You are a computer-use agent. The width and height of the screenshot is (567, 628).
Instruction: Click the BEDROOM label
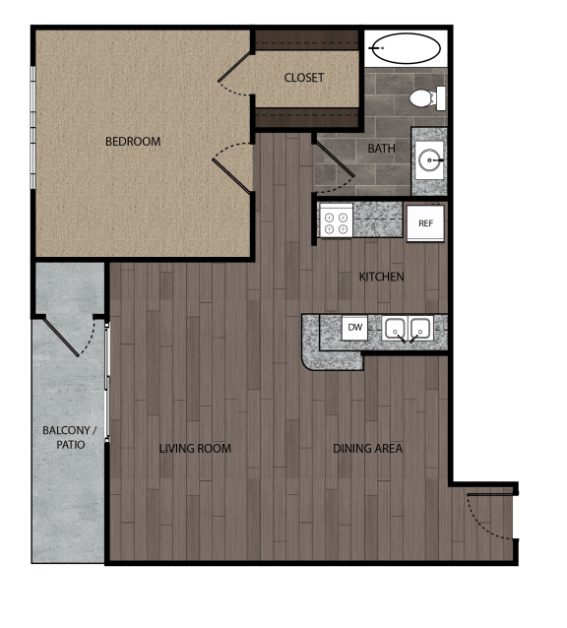click(x=133, y=142)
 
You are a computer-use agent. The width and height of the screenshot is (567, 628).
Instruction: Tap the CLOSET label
click(x=304, y=78)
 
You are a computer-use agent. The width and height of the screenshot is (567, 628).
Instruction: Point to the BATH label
click(x=381, y=149)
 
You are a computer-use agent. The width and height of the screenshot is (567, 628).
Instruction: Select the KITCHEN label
click(x=381, y=277)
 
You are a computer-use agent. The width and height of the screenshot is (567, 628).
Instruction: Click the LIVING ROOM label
click(x=195, y=449)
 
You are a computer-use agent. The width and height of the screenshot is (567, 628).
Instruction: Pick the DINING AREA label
click(x=367, y=449)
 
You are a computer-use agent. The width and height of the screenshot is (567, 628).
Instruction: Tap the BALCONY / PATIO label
click(x=70, y=438)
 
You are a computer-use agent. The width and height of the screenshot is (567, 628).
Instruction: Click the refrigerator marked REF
click(x=425, y=223)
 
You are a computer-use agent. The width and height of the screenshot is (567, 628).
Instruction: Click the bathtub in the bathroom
click(x=406, y=49)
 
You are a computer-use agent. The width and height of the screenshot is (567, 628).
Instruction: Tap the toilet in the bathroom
click(x=425, y=98)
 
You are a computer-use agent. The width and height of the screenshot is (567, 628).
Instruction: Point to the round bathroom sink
click(x=429, y=157)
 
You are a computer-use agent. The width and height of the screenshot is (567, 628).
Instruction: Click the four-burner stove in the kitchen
click(x=335, y=220)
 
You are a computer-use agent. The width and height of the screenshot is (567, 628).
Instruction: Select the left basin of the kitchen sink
click(x=397, y=329)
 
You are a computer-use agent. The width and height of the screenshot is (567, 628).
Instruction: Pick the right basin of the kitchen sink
click(x=421, y=329)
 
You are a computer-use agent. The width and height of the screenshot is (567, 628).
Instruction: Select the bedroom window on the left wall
click(x=33, y=128)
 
